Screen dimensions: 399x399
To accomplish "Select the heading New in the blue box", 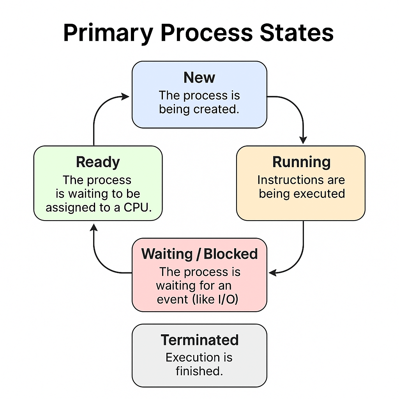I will [199, 78].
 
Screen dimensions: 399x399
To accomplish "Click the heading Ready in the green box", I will [98, 162].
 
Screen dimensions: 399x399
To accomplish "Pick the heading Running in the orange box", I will [301, 162].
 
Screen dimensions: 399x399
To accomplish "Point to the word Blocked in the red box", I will [231, 254].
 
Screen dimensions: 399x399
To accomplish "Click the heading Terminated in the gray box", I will [199, 340].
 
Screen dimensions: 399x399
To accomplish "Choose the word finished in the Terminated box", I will [199, 371].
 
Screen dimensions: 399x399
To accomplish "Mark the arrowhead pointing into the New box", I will [125, 97].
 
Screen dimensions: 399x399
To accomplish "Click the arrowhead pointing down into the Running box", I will [303, 140].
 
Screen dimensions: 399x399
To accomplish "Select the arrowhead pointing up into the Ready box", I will [94, 227].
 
